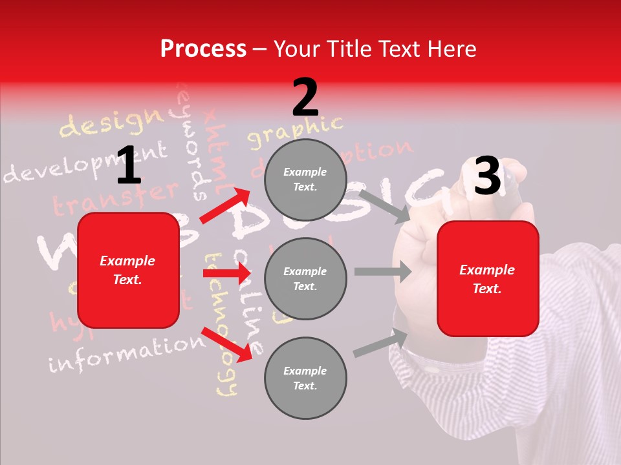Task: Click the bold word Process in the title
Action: [x=203, y=49]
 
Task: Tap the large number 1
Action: [x=129, y=165]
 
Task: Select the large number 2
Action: [x=305, y=98]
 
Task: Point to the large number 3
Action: [x=488, y=176]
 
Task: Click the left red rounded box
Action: [x=128, y=270]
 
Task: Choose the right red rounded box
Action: [x=488, y=279]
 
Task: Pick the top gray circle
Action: [x=305, y=180]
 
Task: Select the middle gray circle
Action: [x=305, y=278]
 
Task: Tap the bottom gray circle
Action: [x=305, y=378]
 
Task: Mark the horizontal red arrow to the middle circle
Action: [x=226, y=274]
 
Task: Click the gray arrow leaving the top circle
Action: [x=384, y=205]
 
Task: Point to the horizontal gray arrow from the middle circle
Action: [x=382, y=271]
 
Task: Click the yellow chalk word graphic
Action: [x=294, y=131]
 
